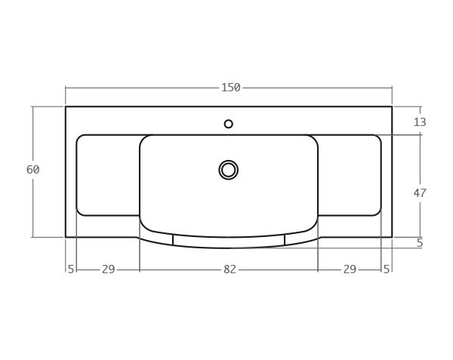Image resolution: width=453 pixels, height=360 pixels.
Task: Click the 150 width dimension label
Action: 230,88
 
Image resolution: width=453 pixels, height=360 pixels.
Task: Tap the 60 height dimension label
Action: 33,170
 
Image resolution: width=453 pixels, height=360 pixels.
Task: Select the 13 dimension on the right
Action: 420,122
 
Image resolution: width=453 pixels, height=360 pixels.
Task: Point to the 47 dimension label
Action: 420,193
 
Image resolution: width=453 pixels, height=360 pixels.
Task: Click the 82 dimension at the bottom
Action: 230,269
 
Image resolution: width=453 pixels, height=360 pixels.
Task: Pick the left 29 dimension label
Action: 108,269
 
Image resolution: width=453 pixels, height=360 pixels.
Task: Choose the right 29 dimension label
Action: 350,269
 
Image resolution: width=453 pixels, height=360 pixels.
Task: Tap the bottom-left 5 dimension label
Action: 71,269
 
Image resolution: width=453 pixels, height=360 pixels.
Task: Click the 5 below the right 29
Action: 387,269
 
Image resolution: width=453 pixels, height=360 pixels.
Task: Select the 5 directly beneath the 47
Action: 420,243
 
